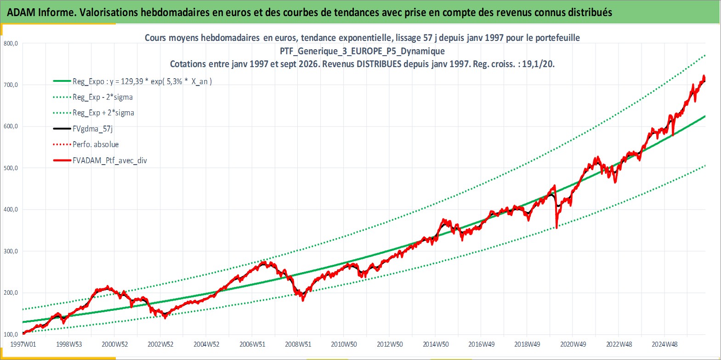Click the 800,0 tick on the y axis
[x=11, y=44]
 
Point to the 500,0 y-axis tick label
[x=11, y=168]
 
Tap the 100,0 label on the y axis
[x=11, y=334]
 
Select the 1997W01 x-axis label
[x=23, y=344]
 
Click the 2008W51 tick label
[x=298, y=344]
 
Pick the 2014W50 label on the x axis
[x=436, y=344]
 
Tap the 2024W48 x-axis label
[x=664, y=344]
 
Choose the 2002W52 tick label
[x=161, y=344]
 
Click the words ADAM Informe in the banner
[x=41, y=12]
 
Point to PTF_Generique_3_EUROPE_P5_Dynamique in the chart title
[x=362, y=51]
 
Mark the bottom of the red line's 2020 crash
[x=557, y=228]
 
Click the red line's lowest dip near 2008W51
[x=303, y=300]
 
